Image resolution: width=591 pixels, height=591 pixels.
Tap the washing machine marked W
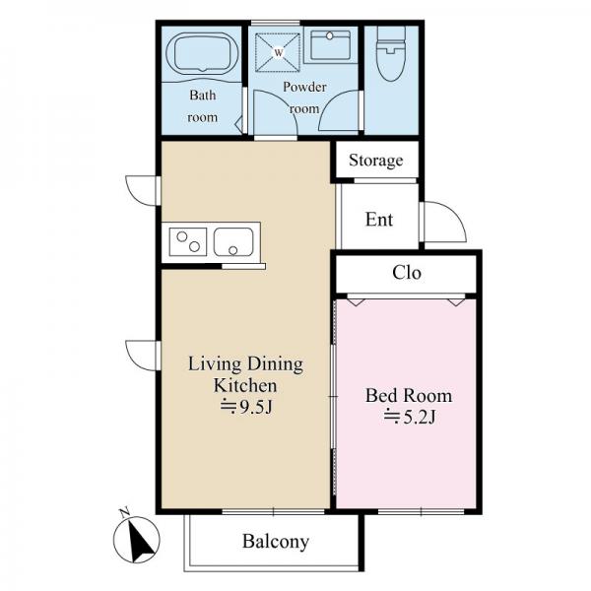pyautogui.click(x=278, y=52)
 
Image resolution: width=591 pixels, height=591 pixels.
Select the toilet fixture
pyautogui.click(x=391, y=54)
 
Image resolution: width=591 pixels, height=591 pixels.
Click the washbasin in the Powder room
pyautogui.click(x=331, y=44)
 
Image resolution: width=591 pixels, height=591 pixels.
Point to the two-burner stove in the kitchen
pyautogui.click(x=188, y=241)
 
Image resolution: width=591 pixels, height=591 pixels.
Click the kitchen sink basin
pyautogui.click(x=233, y=242)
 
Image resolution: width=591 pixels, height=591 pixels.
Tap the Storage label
pyautogui.click(x=376, y=161)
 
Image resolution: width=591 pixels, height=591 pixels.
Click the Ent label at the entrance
pyautogui.click(x=379, y=220)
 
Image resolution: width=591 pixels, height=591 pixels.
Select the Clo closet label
pyautogui.click(x=406, y=272)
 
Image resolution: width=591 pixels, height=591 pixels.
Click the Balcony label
pyautogui.click(x=276, y=542)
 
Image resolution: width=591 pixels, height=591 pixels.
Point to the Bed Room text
pyautogui.click(x=409, y=395)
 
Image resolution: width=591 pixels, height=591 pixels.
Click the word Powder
pyautogui.click(x=304, y=87)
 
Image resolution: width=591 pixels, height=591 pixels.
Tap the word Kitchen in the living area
pyautogui.click(x=245, y=385)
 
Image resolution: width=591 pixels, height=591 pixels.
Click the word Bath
pyautogui.click(x=203, y=95)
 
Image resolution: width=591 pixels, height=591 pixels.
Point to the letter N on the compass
pyautogui.click(x=125, y=512)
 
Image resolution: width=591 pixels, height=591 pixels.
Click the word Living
pyautogui.click(x=215, y=364)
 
